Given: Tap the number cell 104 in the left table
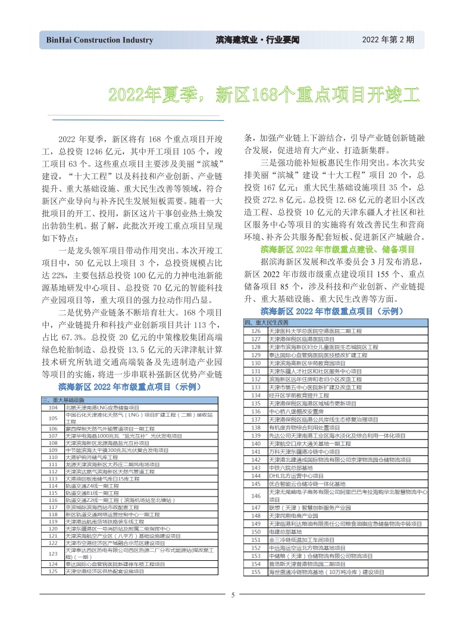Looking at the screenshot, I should (x=52, y=407).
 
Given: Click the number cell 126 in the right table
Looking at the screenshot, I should (x=256, y=330).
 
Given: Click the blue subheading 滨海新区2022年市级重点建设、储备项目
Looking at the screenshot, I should (x=337, y=249).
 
